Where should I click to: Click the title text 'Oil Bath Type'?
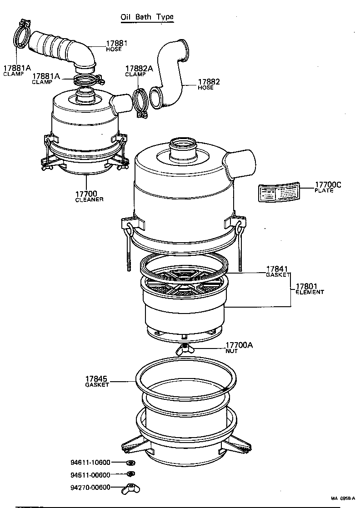[x=147, y=17]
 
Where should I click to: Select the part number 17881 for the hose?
[x=117, y=44]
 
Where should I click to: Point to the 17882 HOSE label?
[x=209, y=84]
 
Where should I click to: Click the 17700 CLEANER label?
[x=90, y=196]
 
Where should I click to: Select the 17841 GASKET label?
[x=277, y=272]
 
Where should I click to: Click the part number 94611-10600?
[x=90, y=463]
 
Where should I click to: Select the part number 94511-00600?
[x=90, y=475]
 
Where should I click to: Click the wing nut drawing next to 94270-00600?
[x=130, y=489]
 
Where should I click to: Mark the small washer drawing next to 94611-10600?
[x=130, y=463]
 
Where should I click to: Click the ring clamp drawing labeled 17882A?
[x=141, y=103]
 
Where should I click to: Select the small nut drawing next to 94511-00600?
[x=130, y=475]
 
